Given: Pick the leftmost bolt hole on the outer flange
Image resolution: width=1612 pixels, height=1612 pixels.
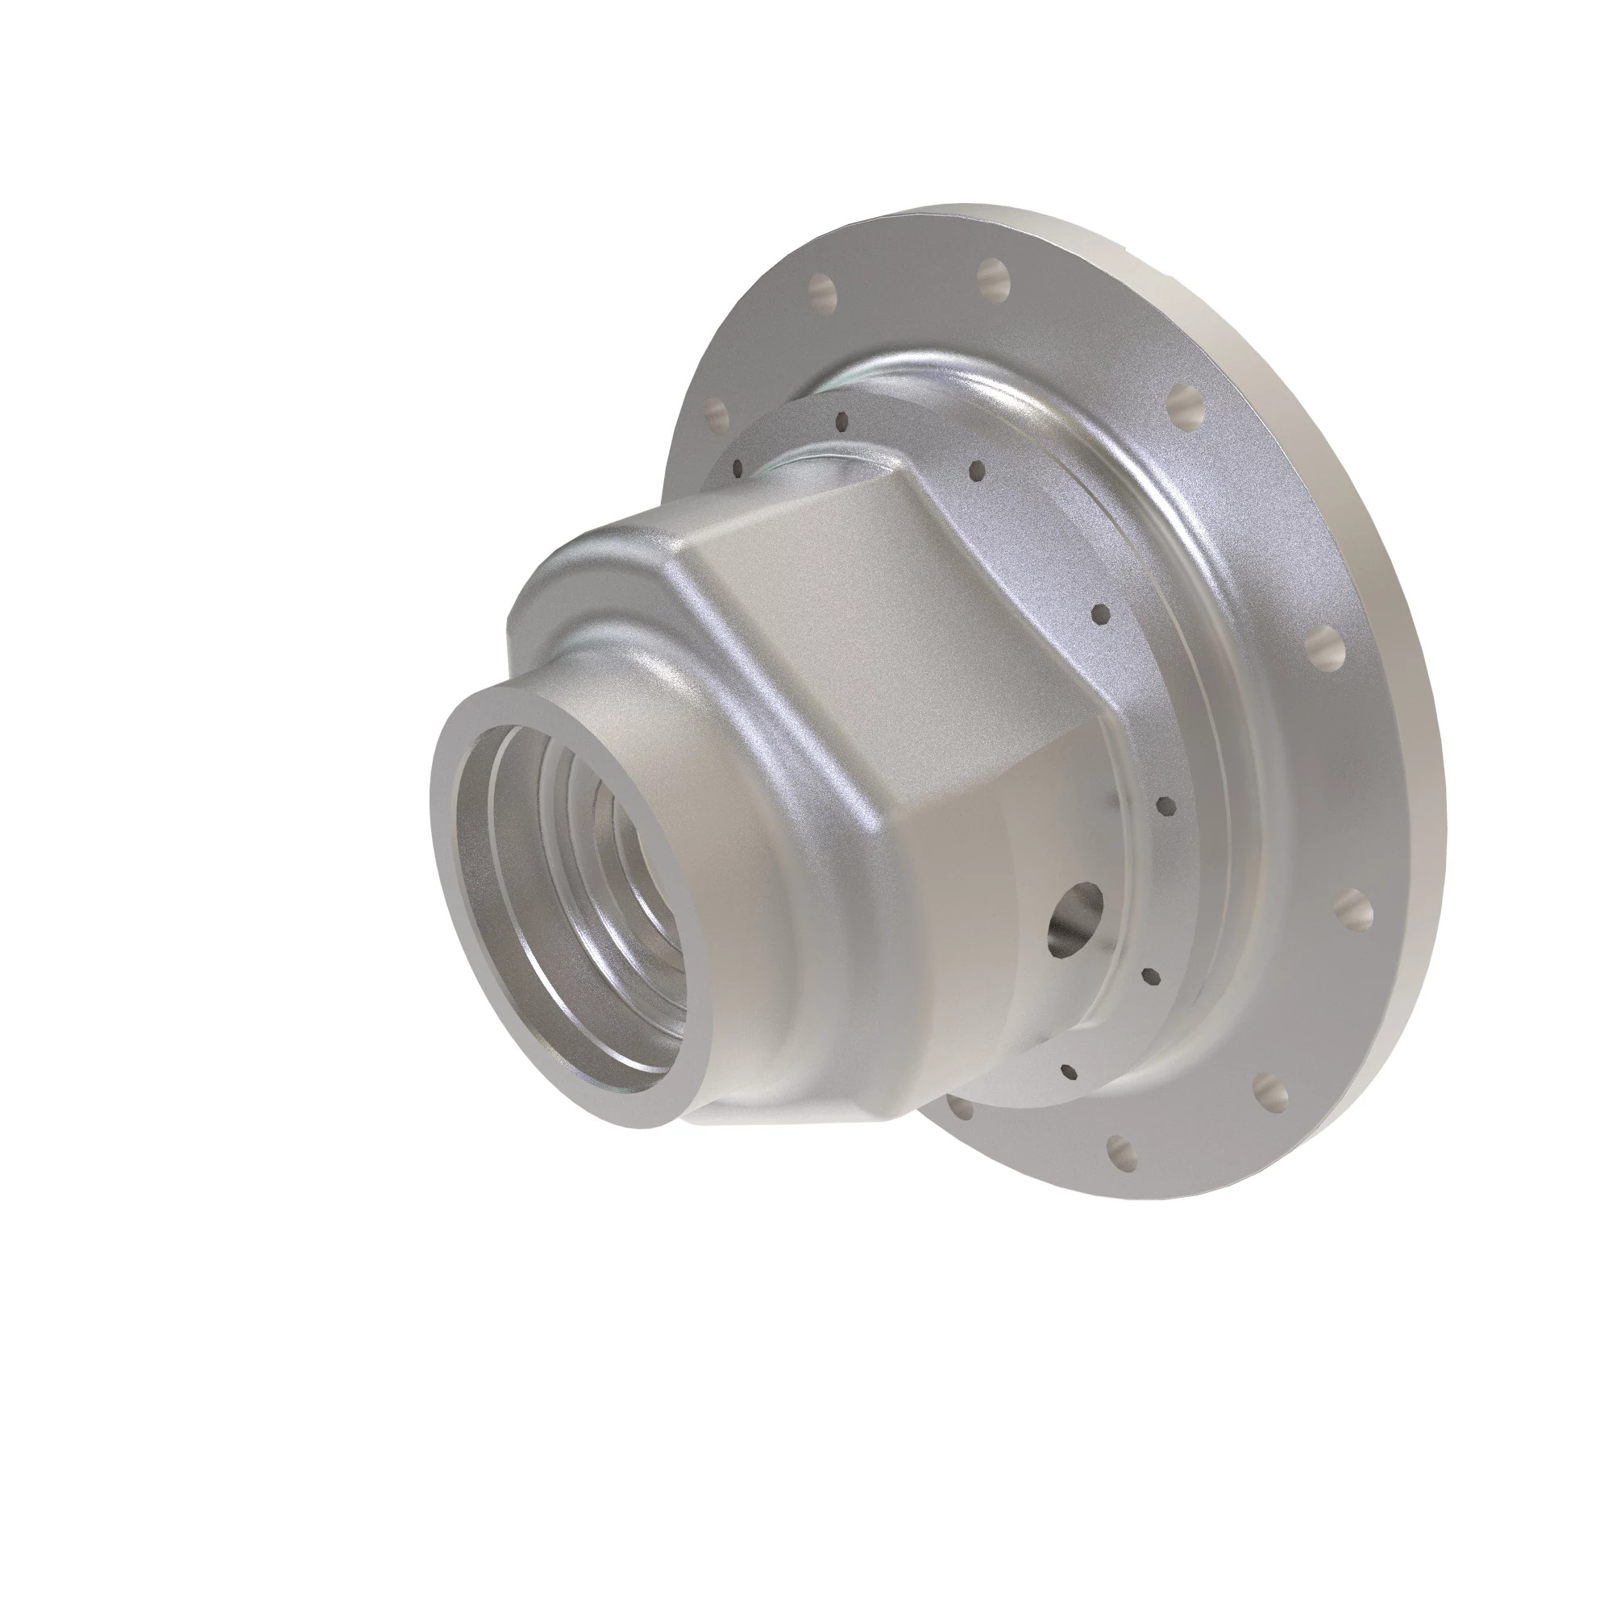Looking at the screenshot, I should tap(714, 411).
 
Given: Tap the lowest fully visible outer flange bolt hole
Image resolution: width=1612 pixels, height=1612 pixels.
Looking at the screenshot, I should tap(1119, 1152).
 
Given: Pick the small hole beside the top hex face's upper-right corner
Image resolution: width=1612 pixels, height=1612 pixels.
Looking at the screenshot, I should tap(977, 472).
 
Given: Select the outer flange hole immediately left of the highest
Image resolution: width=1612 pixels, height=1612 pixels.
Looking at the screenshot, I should tap(823, 288).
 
